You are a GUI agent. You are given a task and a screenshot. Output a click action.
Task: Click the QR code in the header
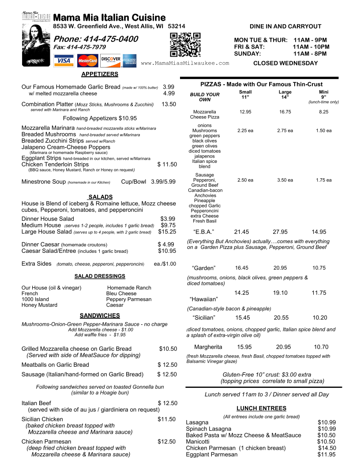click(x=185, y=45)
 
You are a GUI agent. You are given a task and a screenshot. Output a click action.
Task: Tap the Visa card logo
click(x=64, y=60)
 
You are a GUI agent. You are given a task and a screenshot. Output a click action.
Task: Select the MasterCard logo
click(x=87, y=60)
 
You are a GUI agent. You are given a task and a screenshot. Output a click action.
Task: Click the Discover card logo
click(x=110, y=60)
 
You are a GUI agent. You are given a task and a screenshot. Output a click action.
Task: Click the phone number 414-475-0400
click(x=95, y=39)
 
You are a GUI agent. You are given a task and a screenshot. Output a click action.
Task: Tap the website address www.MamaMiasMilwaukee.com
click(x=185, y=63)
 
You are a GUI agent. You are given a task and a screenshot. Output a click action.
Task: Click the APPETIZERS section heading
click(x=100, y=74)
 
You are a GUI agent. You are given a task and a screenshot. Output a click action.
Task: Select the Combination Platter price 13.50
click(x=169, y=104)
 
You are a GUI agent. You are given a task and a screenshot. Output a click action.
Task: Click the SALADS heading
click(x=101, y=197)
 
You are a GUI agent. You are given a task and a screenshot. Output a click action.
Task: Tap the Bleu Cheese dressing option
click(x=121, y=293)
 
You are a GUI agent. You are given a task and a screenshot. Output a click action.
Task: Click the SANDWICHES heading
click(x=100, y=316)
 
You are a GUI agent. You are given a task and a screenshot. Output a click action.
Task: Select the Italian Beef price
click(x=168, y=403)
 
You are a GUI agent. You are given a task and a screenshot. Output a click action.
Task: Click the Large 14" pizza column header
click(x=285, y=94)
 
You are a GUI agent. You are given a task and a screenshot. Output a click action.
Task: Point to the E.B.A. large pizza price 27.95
click(x=280, y=232)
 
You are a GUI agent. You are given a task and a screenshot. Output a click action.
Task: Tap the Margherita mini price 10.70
click(x=322, y=347)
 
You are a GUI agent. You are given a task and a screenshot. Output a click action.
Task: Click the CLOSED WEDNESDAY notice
click(x=285, y=63)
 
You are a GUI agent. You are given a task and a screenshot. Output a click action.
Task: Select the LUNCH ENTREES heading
click(x=261, y=408)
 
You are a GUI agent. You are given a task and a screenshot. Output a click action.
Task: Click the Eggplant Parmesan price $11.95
click(x=326, y=455)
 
